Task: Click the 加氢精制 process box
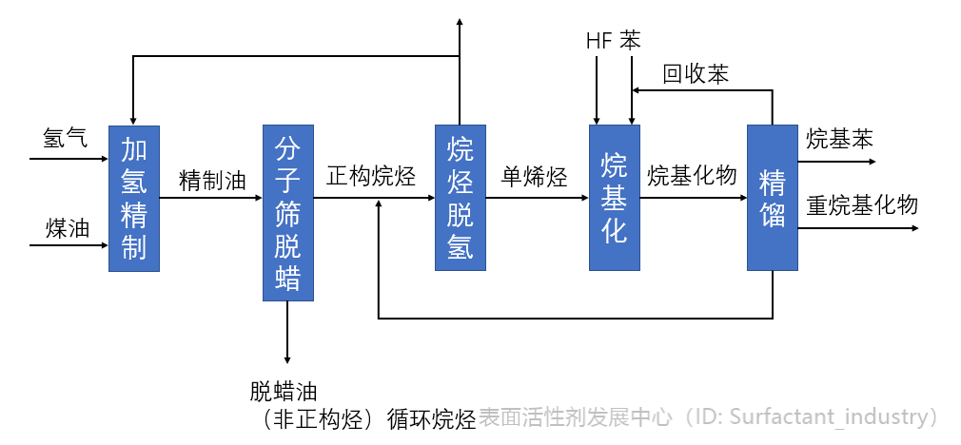[x=133, y=198]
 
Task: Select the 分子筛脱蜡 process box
[x=287, y=213]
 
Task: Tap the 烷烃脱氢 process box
[x=461, y=198]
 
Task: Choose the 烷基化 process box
[x=615, y=198]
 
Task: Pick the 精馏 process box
[x=772, y=198]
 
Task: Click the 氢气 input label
[x=65, y=138]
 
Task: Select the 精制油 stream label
[x=211, y=179]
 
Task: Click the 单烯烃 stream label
[x=535, y=177]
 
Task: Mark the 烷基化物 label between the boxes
[x=692, y=176]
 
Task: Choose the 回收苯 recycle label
[x=696, y=74]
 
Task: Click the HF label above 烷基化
[x=598, y=41]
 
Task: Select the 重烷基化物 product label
[x=862, y=204]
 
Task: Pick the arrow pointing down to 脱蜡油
[x=287, y=333]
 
